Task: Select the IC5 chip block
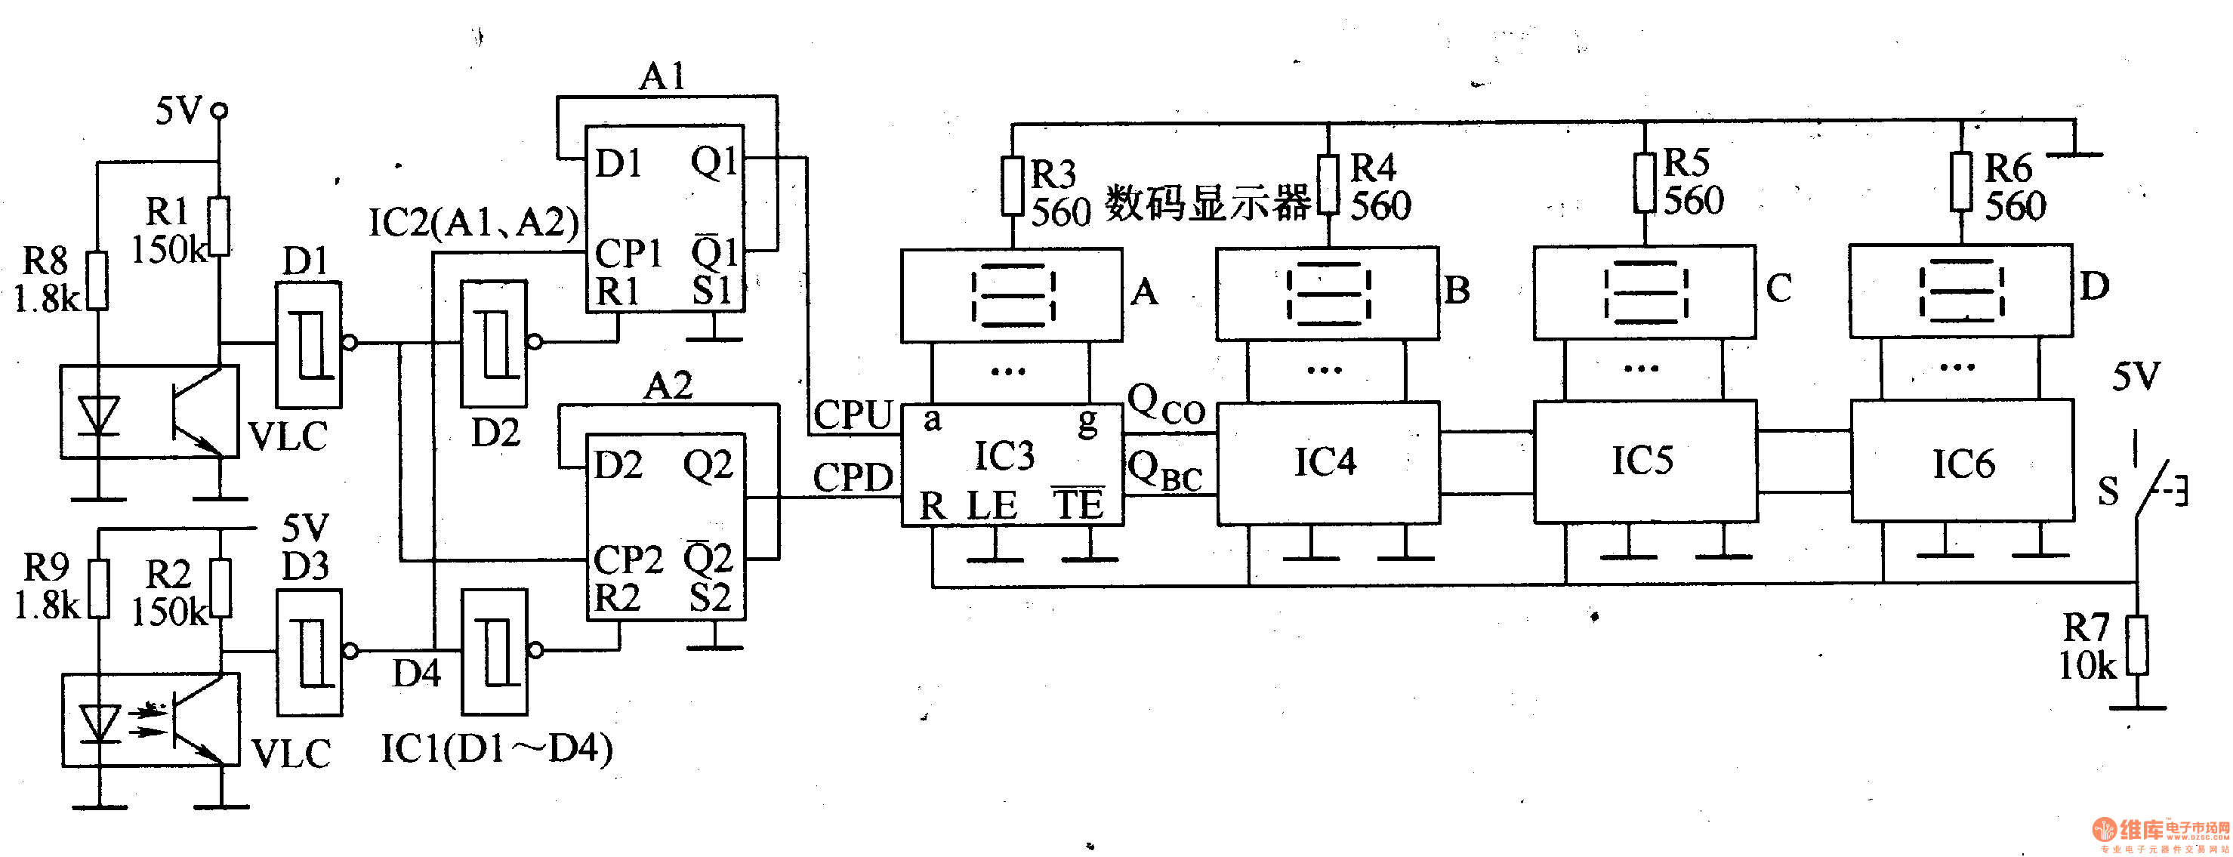pos(1645,461)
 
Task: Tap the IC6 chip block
pos(1962,461)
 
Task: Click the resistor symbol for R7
pos(2138,646)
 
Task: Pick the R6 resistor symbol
pos(1961,180)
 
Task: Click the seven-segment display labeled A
pos(1012,294)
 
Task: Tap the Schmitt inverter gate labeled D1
pos(308,344)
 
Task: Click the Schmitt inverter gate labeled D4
pos(494,652)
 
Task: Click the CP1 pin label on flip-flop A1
pos(628,253)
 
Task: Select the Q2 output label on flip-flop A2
pos(708,465)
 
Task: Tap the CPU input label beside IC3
pos(853,415)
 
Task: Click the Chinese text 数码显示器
pos(1207,204)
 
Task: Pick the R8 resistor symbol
pos(99,281)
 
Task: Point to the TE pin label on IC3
pos(1078,504)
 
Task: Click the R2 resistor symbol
pos(221,588)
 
